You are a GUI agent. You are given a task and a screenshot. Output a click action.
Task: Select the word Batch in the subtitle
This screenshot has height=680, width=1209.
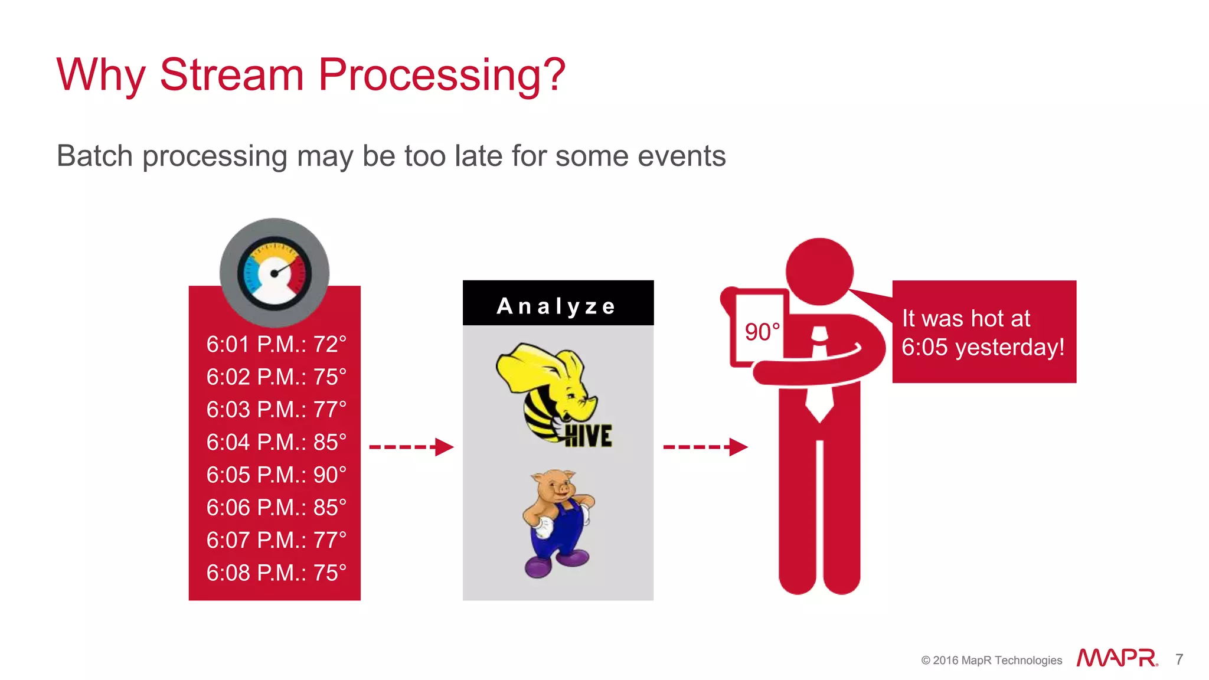click(x=94, y=156)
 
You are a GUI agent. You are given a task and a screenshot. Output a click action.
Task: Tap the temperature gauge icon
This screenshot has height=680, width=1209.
click(x=275, y=273)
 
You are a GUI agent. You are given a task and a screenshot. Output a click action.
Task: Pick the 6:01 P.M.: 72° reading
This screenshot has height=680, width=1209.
click(x=276, y=344)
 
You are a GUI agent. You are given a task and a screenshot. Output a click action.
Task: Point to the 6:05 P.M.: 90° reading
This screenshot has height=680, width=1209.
click(x=276, y=475)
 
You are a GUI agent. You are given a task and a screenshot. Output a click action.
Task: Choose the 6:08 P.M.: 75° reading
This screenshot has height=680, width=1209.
click(x=276, y=573)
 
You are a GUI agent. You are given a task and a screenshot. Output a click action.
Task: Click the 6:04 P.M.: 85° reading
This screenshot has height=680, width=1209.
click(x=276, y=442)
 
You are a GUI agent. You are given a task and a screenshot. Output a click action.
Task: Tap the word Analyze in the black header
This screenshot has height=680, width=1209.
click(x=557, y=306)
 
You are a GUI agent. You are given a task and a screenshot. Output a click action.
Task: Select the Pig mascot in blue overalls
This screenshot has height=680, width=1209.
click(x=557, y=522)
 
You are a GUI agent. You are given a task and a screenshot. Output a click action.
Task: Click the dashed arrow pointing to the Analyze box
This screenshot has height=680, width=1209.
click(x=411, y=447)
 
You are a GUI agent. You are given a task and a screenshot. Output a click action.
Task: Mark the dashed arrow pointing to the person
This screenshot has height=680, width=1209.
click(x=705, y=447)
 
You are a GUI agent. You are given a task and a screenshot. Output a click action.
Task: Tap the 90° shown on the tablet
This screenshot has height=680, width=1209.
click(x=762, y=332)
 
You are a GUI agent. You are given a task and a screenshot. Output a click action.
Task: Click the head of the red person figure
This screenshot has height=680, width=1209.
click(x=819, y=272)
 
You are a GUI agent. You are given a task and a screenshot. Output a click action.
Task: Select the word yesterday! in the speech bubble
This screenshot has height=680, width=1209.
click(x=1009, y=347)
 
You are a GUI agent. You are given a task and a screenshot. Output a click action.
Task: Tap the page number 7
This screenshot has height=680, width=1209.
click(x=1179, y=659)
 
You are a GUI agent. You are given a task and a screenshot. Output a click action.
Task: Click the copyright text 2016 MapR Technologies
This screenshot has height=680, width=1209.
click(x=992, y=660)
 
